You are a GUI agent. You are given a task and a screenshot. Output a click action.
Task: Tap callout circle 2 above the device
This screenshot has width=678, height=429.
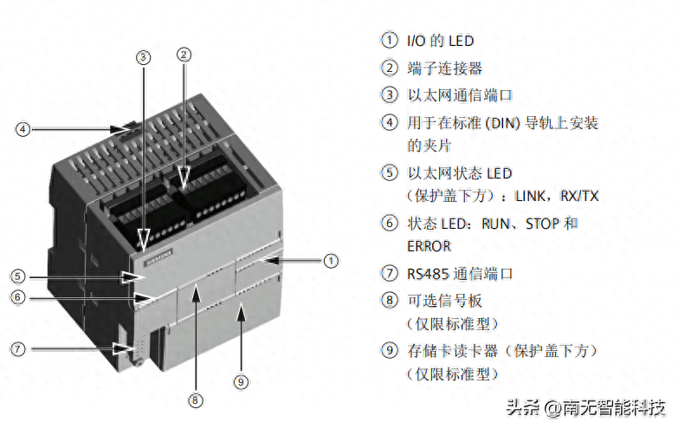click(184, 54)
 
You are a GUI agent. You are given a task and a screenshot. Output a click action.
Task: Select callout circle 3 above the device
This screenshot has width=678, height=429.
click(144, 57)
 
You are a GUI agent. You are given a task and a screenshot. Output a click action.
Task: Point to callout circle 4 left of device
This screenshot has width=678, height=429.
click(23, 130)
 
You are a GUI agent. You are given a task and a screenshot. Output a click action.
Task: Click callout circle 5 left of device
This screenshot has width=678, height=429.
click(18, 276)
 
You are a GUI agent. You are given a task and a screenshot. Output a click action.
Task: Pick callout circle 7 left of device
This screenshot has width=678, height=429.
click(18, 349)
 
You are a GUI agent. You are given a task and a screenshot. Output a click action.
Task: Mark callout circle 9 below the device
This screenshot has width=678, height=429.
click(242, 380)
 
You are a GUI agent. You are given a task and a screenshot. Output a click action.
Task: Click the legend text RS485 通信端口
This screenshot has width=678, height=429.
click(460, 274)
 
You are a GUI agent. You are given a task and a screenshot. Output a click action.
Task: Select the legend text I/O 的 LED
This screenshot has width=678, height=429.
click(441, 41)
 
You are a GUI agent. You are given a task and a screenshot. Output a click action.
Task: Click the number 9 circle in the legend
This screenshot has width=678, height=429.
click(391, 351)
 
